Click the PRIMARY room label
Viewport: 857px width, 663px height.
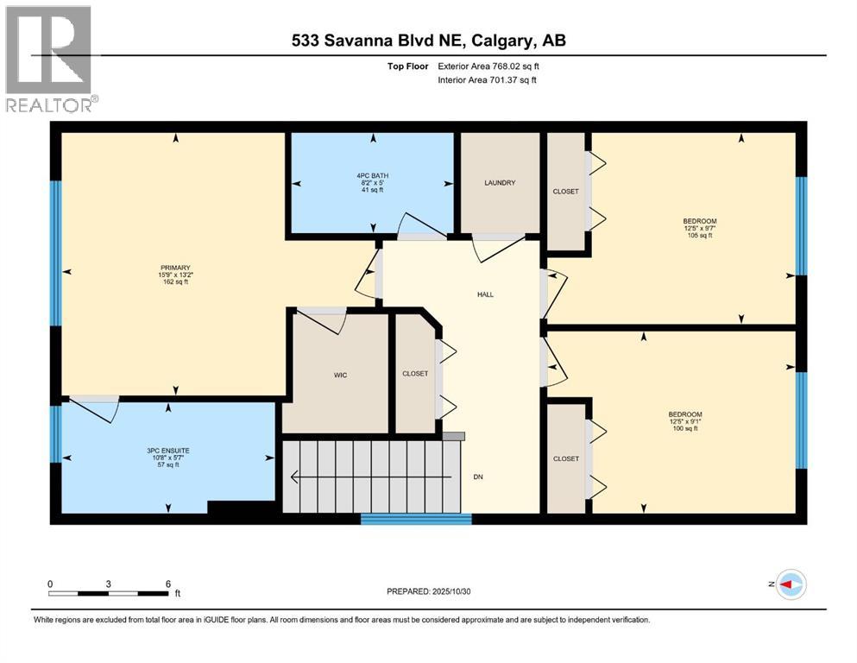click(x=173, y=267)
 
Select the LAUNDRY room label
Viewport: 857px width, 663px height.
click(x=500, y=183)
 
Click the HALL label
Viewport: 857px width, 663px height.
click(x=485, y=294)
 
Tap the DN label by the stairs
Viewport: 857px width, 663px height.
click(x=477, y=476)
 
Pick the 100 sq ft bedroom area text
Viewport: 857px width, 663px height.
click(x=684, y=428)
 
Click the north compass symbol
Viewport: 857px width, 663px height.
click(x=790, y=584)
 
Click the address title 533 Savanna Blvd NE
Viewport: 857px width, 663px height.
click(x=427, y=41)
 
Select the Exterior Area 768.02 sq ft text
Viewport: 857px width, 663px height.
click(x=489, y=66)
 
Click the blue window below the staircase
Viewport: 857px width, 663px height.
click(x=416, y=519)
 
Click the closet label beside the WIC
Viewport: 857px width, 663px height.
click(x=415, y=373)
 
